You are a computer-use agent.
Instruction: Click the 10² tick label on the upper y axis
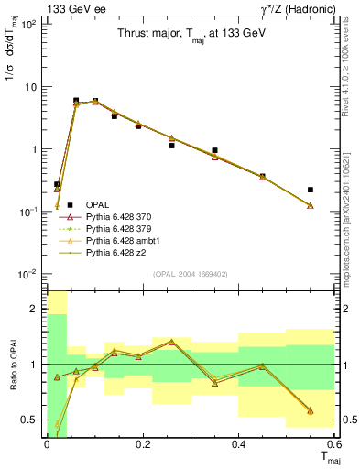coord(28,25)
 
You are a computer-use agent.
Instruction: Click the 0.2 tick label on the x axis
coord(142,444)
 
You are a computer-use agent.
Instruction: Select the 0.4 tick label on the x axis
coord(238,444)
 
